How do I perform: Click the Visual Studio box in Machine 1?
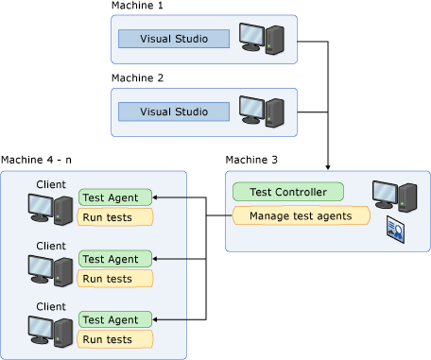tap(174, 39)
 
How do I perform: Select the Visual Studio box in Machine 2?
tap(174, 111)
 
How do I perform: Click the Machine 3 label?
tap(251, 160)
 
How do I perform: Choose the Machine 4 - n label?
tap(36, 160)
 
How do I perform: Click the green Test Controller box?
tap(288, 192)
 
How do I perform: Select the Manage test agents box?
tap(301, 216)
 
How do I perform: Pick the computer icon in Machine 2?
tap(261, 111)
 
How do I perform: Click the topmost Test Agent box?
tap(115, 198)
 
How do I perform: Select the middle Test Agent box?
tap(115, 259)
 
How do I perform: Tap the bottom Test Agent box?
tap(115, 320)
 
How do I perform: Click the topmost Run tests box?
tap(115, 217)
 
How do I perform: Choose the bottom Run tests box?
tap(115, 340)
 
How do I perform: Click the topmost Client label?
tap(51, 185)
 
